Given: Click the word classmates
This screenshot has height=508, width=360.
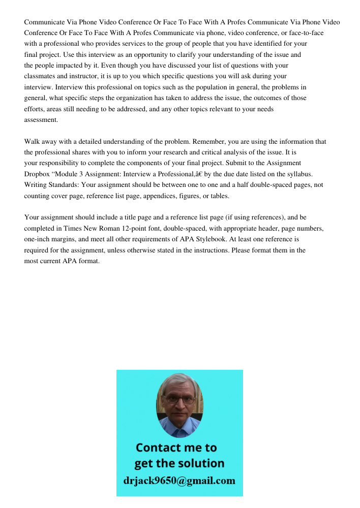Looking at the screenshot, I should [x=41, y=77].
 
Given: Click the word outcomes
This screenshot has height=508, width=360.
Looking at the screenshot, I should [x=271, y=99].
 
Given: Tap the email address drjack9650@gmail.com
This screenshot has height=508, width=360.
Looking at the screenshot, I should [x=179, y=481].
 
